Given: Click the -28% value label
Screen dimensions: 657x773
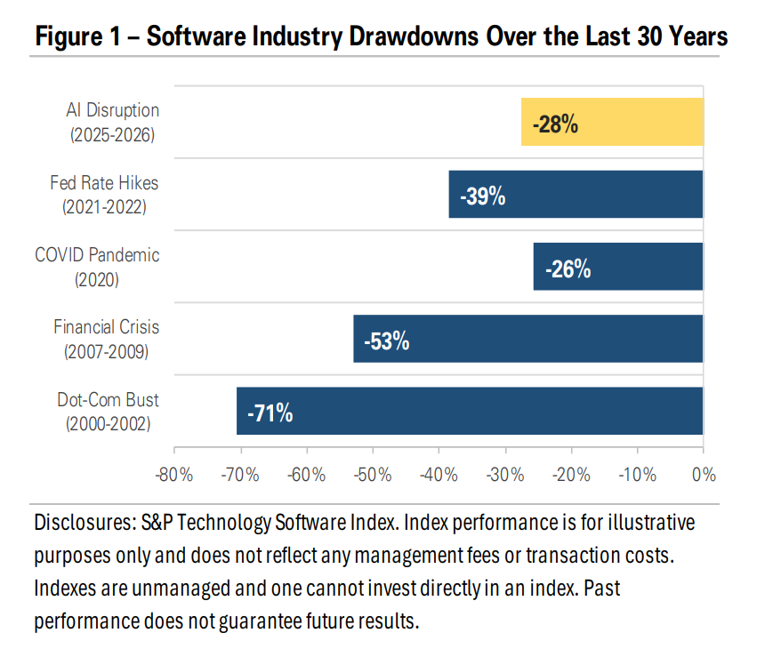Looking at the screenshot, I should coord(555,124).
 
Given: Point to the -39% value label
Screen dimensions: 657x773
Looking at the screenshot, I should coord(483,196).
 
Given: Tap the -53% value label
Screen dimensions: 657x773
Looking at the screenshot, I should coord(387,340).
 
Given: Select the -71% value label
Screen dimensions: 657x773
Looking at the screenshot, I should coord(270,413).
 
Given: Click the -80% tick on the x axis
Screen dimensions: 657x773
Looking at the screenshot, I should coord(174,475).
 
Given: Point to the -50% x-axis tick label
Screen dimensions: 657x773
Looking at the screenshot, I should coord(373,475).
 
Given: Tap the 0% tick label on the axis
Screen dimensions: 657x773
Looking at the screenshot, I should coord(703,475).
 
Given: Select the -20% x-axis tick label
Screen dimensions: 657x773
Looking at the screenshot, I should coord(571,475).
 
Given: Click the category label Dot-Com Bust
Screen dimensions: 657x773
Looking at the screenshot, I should coord(109,400).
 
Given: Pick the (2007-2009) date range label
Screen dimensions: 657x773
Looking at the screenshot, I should coord(106,351).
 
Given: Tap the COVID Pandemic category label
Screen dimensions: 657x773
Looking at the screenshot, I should coord(97,255).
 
